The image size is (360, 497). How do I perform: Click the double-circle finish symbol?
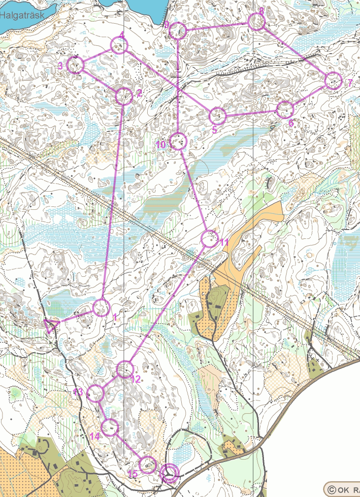coord(169,474)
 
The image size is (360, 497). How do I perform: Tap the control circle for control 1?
coord(101,308)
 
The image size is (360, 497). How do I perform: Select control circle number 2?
coord(124,96)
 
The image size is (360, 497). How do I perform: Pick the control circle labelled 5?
coord(217,116)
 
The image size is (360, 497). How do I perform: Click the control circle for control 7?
coord(333,81)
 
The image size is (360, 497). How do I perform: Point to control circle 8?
coord(256,22)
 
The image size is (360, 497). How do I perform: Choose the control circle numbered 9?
coord(178,31)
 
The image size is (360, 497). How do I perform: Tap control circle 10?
coord(178,142)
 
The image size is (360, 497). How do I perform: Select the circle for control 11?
coord(210,239)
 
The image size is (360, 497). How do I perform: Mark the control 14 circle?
coord(110,427)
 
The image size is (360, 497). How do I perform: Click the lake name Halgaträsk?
coord(22,15)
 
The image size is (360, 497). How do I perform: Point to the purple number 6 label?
coord(291,123)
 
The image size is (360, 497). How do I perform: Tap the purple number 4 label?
coord(121,35)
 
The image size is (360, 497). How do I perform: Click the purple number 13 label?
coord(78,392)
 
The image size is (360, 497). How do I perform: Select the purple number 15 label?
coord(132,474)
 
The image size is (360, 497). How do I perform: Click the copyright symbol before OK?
coord(331,490)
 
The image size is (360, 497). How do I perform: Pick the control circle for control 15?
coord(147,464)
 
